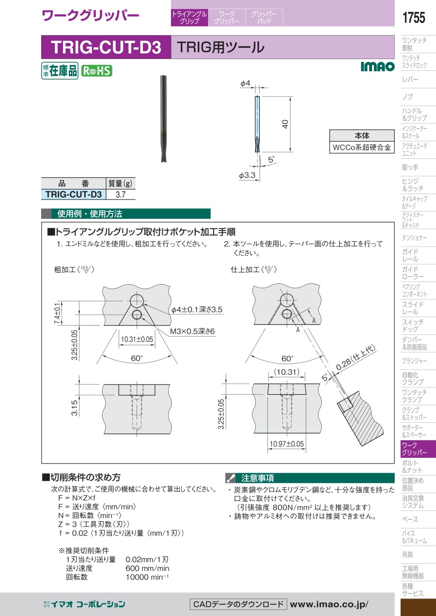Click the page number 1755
point(414,17)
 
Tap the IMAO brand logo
point(377,66)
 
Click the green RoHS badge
point(96,71)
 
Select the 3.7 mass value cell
point(121,194)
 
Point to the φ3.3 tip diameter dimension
point(247,175)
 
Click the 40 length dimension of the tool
point(285,124)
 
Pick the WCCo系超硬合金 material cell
point(362,147)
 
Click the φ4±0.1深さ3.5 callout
point(197,309)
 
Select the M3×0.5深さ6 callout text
point(192,331)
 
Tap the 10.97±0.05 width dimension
point(287,444)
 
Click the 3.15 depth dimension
point(74,408)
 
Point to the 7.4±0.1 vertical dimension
point(57,313)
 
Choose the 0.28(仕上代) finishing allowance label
point(356,357)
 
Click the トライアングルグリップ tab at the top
point(189,17)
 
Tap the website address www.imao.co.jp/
point(329,604)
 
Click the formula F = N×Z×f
point(77,498)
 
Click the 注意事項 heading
point(257,478)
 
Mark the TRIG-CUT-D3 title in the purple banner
point(106,47)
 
